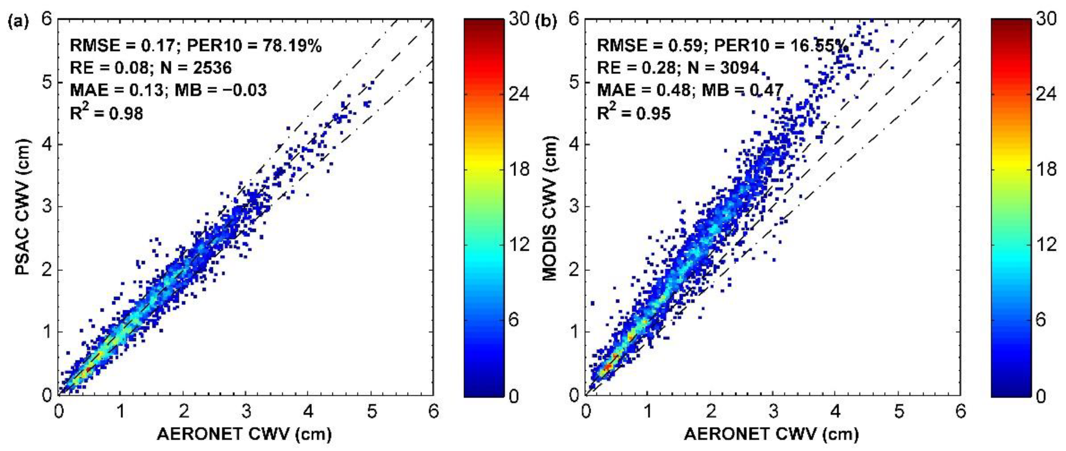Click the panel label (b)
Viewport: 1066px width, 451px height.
[x=546, y=21]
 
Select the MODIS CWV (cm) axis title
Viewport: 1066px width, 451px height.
[x=550, y=207]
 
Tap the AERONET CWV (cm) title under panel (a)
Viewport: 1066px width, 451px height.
[x=244, y=434]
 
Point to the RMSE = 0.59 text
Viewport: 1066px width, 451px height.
[x=650, y=46]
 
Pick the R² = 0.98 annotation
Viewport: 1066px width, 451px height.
[x=106, y=112]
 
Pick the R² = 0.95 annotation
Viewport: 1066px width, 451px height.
[x=633, y=112]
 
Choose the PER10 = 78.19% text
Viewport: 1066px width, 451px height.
[x=254, y=46]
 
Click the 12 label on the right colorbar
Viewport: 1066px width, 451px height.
[x=1046, y=245]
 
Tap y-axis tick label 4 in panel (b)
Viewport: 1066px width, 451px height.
[x=574, y=144]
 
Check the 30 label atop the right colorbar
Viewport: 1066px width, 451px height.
[x=1046, y=19]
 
